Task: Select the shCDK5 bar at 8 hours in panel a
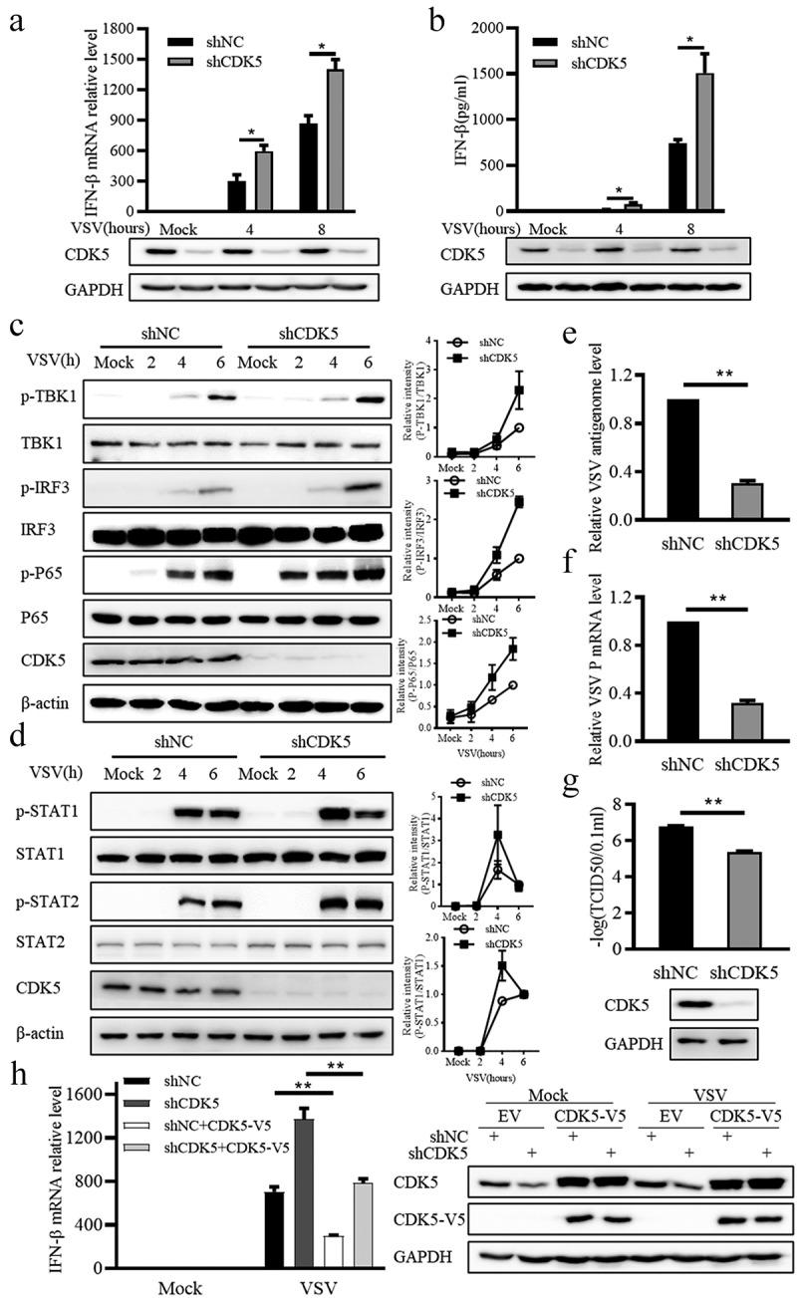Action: (x=328, y=140)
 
